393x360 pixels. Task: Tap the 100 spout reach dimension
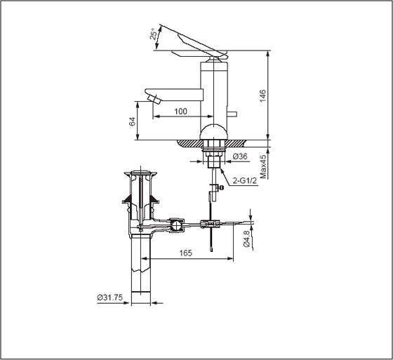tap(181, 112)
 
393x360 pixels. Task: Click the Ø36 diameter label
tap(241, 156)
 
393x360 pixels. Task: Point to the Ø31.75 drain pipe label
tap(110, 297)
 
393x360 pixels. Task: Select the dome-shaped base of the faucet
tap(214, 132)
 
